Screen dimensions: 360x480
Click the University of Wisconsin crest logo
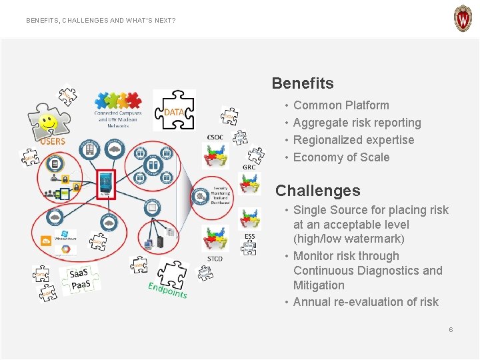click(463, 19)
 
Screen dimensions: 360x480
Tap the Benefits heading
click(303, 83)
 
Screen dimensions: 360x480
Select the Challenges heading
click(317, 191)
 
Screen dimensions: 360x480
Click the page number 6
click(451, 330)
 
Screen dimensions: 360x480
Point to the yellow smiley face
click(47, 122)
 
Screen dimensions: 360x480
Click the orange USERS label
click(53, 141)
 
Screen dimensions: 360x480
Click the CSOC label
click(215, 137)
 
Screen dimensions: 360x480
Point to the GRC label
click(249, 167)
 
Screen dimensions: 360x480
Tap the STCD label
click(215, 259)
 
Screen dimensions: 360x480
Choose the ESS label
click(249, 237)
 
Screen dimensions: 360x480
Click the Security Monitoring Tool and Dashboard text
click(221, 196)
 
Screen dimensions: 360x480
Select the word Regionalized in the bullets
click(325, 140)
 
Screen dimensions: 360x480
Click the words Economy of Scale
click(341, 157)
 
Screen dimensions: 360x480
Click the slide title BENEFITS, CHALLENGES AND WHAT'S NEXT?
click(101, 21)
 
